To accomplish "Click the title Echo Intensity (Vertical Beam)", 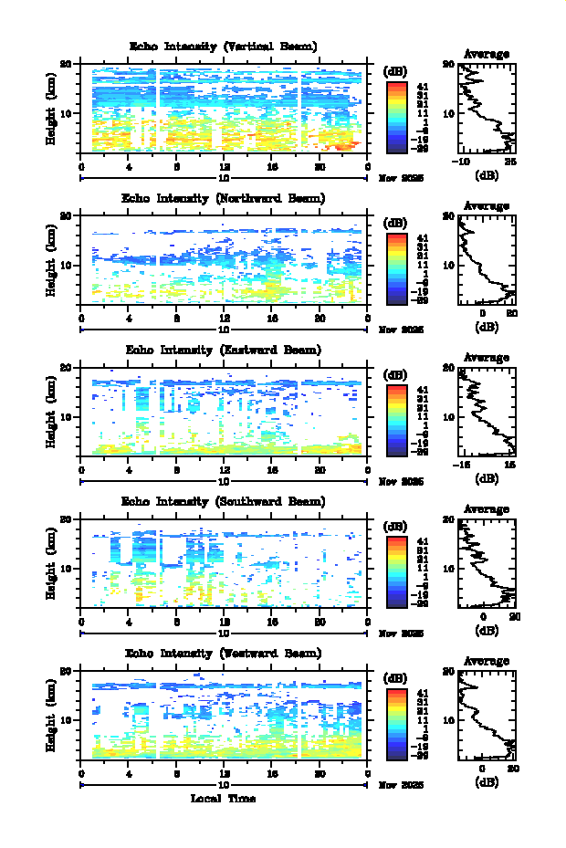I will [x=223, y=47].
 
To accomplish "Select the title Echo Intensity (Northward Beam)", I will [x=223, y=198].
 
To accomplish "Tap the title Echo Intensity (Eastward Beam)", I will [x=223, y=350].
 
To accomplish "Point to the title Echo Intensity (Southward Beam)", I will [x=223, y=501].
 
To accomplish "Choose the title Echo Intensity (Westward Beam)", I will [x=223, y=653].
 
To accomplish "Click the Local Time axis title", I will [x=223, y=799].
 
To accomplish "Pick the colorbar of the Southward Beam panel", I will [x=396, y=571].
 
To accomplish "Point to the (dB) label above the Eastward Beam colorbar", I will [x=396, y=374].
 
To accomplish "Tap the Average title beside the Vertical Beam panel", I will [x=487, y=54].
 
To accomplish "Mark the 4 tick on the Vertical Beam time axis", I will [x=129, y=167].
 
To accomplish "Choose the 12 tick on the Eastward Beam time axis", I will [x=225, y=470].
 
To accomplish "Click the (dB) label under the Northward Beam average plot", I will [x=487, y=325].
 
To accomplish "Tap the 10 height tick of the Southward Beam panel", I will [x=67, y=568].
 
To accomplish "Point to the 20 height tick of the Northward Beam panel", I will [x=67, y=215].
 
